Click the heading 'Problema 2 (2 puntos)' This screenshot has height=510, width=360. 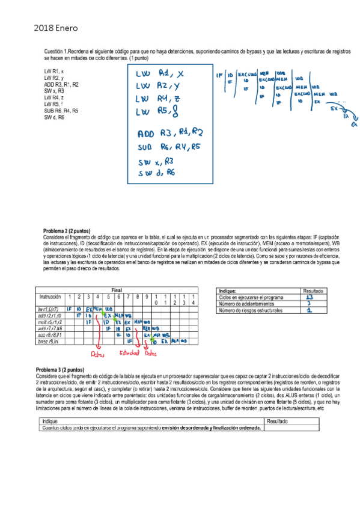pyautogui.click(x=66, y=230)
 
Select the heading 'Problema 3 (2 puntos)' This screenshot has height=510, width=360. pyautogui.click(x=66, y=369)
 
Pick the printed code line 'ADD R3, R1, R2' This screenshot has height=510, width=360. pyautogui.click(x=61, y=85)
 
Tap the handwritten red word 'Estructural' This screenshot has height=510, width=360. pyautogui.click(x=129, y=353)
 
